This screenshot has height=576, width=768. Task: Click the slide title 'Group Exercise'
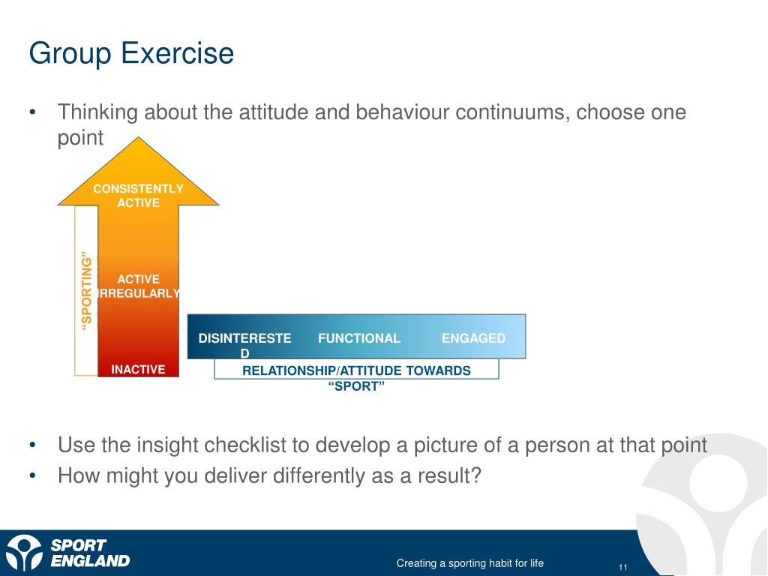tap(131, 54)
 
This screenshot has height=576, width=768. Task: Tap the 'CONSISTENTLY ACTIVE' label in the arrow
tap(138, 196)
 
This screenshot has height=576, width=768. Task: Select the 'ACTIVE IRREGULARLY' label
tap(139, 286)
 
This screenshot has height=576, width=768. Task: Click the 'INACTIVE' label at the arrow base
tap(138, 369)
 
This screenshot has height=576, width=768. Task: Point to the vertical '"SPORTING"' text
tap(87, 291)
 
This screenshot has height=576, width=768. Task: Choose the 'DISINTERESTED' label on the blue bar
tap(244, 345)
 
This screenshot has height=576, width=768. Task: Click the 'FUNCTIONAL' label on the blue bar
tap(359, 338)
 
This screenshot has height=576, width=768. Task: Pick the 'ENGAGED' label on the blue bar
tap(474, 338)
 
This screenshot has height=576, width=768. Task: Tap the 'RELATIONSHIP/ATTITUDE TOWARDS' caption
tap(356, 370)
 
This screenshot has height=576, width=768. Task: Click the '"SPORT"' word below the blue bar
tap(356, 386)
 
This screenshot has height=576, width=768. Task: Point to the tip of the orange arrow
tap(139, 138)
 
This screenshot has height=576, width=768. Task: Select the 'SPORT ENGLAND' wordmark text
tap(90, 553)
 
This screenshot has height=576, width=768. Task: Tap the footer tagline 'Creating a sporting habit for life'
tap(470, 563)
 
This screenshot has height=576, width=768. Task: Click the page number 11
tap(623, 567)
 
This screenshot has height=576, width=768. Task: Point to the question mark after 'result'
tap(476, 475)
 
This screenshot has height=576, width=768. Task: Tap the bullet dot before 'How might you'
tap(33, 475)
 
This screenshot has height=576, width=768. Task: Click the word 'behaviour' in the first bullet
tap(402, 112)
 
